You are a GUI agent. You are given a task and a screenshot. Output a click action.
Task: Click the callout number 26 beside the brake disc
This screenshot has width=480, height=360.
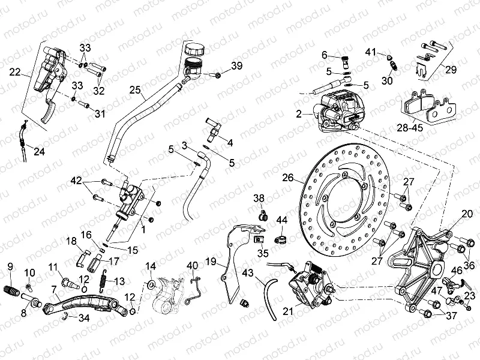pos(288,178)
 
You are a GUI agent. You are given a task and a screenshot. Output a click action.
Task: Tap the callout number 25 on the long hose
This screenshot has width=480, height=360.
pos(136,91)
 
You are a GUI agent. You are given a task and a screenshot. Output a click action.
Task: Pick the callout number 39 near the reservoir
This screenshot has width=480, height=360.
pos(237,66)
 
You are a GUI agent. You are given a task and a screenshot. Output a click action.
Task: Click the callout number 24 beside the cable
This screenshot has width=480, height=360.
pos(38,151)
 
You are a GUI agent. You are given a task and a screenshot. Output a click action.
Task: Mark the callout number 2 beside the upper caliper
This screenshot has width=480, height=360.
pos(298,113)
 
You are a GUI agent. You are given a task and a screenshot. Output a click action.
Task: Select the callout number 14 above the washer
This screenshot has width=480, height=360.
pos(150,266)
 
